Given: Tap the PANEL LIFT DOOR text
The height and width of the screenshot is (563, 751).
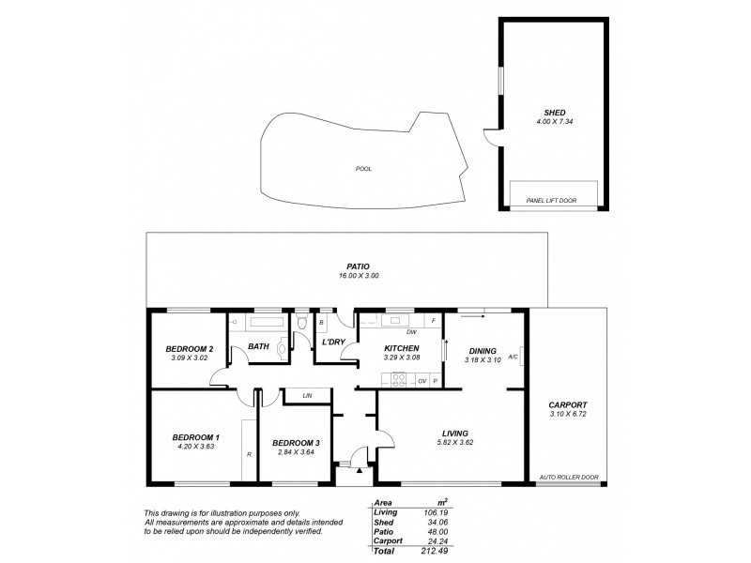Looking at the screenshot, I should click(551, 199).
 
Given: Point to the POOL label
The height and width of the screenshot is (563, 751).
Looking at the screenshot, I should click(363, 169).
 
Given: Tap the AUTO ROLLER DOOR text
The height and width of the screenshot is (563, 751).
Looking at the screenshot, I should click(569, 477).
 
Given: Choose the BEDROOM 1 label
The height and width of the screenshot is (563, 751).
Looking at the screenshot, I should click(195, 437).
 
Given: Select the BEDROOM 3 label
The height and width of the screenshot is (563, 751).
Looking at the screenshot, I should click(297, 443).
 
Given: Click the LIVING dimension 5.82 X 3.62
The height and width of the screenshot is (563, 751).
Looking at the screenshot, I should click(454, 442).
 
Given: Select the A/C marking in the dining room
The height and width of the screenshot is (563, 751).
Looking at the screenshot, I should click(513, 358).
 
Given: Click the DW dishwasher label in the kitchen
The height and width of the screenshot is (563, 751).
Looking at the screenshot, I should click(410, 332).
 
